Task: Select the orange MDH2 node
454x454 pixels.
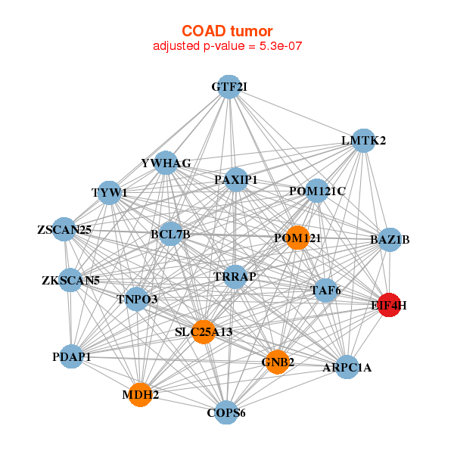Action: click(140, 393)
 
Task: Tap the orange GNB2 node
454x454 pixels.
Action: click(277, 362)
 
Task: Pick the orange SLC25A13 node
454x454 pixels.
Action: click(202, 331)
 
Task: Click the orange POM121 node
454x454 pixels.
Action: click(297, 238)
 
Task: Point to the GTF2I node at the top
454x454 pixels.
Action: click(229, 87)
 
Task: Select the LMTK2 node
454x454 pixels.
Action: click(364, 140)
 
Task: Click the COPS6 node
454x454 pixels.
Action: click(226, 412)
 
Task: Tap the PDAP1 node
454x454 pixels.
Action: click(72, 356)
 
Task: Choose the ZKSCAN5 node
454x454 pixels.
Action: click(70, 281)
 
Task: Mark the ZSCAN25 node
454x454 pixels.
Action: click(64, 229)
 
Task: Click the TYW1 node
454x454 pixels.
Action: click(110, 192)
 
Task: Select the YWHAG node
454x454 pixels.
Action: click(166, 163)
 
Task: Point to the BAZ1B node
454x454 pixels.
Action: click(390, 240)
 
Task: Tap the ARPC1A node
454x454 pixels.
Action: click(347, 368)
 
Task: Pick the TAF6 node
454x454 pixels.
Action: click(325, 290)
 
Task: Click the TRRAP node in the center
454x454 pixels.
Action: click(235, 277)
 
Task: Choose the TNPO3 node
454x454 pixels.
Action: click(137, 300)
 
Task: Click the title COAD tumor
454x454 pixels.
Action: click(227, 31)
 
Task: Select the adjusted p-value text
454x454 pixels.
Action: click(228, 46)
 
